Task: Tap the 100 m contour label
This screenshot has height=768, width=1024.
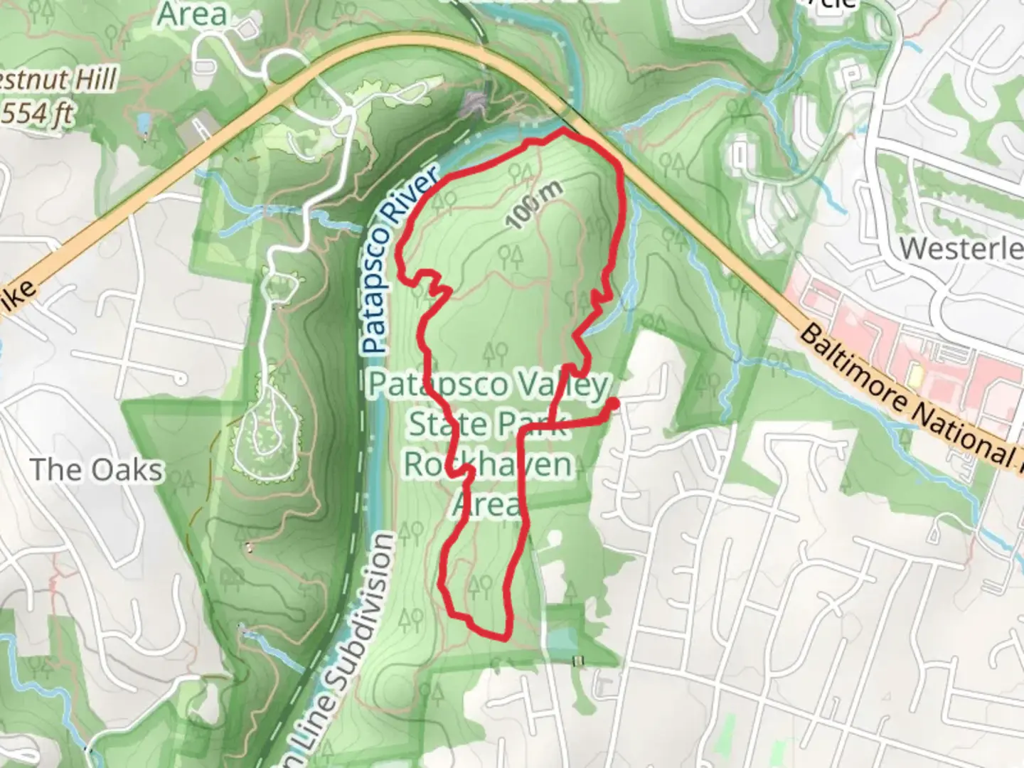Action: click(535, 205)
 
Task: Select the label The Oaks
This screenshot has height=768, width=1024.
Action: click(97, 469)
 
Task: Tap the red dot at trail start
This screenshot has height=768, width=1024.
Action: click(611, 403)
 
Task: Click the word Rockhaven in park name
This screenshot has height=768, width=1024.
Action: click(488, 464)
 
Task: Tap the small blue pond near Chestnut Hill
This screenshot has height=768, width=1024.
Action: click(145, 123)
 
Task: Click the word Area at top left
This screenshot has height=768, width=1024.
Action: click(192, 14)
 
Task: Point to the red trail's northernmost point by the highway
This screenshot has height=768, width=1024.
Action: click(564, 131)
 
